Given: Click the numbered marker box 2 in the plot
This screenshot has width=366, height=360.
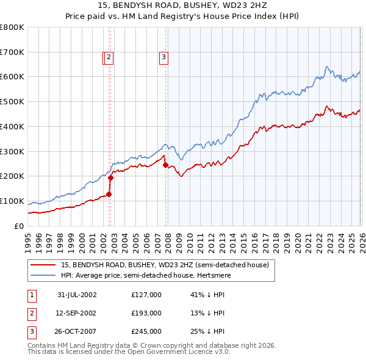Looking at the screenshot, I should pos(109,58).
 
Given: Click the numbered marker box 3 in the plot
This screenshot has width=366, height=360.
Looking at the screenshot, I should pos(164,58).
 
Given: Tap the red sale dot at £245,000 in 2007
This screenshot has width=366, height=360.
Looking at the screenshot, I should pos(165,165).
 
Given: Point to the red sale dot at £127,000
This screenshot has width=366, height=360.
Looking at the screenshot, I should pos(109,194).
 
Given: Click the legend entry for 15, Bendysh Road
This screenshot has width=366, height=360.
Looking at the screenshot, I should pos(165,265).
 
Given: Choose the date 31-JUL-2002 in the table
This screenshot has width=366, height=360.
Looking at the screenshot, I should pos(77,295).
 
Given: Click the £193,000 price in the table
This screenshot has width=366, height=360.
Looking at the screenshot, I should pos(146,313).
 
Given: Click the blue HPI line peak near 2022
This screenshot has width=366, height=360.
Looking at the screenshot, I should pos(327,67).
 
